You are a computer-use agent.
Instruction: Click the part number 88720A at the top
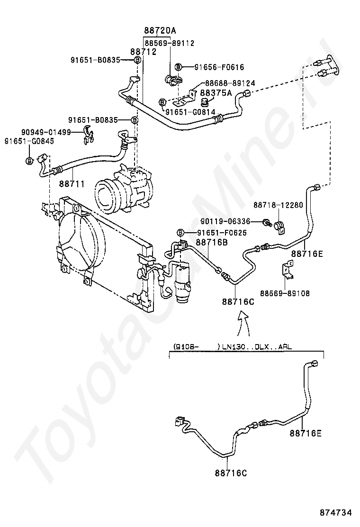click(x=160, y=31)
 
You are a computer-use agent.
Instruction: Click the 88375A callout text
click(x=216, y=93)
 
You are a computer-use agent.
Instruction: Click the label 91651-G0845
click(x=29, y=141)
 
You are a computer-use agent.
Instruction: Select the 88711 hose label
click(x=72, y=183)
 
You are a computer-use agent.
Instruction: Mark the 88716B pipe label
click(x=212, y=242)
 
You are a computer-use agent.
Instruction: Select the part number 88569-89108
click(x=284, y=293)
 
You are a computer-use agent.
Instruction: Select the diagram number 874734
click(x=336, y=512)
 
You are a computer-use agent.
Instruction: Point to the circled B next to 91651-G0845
click(x=29, y=161)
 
